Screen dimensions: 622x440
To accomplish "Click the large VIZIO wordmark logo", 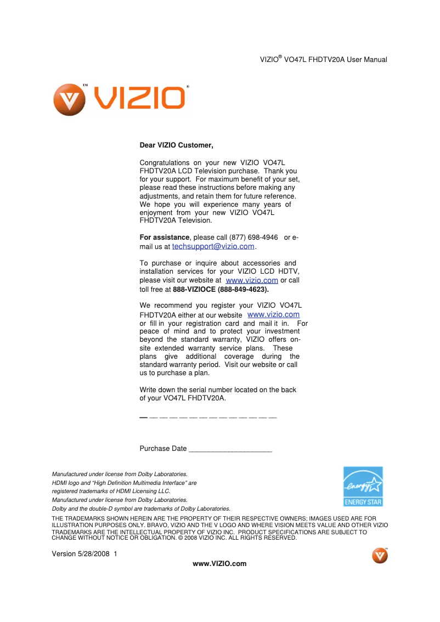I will (140, 99).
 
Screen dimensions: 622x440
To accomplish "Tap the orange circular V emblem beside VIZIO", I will (69, 100).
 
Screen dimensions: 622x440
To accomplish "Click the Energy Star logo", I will (363, 487).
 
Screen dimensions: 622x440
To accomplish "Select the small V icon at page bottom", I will (380, 555).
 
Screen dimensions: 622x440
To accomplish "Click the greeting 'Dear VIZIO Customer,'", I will (176, 145).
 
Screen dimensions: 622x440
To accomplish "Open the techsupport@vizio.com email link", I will (213, 247).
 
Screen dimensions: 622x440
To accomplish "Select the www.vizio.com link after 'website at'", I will (252, 280).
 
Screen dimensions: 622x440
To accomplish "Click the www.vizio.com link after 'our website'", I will (273, 315).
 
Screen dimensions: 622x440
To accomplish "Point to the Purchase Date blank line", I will (230, 449).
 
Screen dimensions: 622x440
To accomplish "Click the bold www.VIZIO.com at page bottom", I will (219, 564).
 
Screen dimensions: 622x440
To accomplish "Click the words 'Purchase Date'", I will (163, 449).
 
